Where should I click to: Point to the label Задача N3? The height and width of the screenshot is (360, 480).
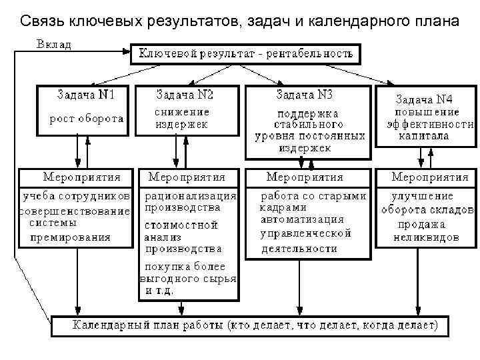coord(305,94)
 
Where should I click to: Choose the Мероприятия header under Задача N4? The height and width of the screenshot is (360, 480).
coord(429,177)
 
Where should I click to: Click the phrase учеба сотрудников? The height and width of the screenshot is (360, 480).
coord(76,197)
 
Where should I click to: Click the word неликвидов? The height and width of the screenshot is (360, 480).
coord(426,237)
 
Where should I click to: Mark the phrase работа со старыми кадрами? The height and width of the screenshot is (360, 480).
coord(311,202)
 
